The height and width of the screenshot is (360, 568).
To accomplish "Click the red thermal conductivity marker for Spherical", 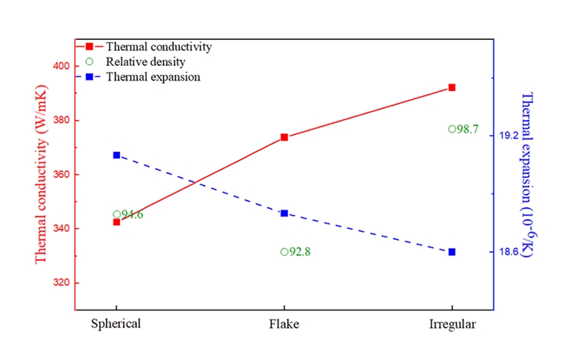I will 116,222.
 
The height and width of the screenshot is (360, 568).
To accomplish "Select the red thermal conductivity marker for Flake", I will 284,137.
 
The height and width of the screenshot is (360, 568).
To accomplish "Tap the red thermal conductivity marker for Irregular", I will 452,87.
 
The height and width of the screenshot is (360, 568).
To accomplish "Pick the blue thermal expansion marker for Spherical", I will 116,155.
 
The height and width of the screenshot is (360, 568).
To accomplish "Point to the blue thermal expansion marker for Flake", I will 284,213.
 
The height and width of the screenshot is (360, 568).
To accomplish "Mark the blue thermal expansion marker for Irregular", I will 452,252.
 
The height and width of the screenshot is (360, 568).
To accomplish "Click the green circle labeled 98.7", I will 452,129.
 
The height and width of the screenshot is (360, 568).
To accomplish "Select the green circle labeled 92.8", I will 284,252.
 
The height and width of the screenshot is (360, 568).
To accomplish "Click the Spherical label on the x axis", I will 116,324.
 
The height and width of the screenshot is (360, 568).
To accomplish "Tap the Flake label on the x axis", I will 284,324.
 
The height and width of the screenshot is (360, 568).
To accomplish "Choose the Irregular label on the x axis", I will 452,324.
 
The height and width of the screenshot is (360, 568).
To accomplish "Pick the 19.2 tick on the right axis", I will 509,136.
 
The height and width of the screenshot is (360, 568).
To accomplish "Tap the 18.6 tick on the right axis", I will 509,252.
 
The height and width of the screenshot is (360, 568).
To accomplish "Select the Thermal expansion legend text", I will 153,76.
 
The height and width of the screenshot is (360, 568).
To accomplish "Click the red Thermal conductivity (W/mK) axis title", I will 41,175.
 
